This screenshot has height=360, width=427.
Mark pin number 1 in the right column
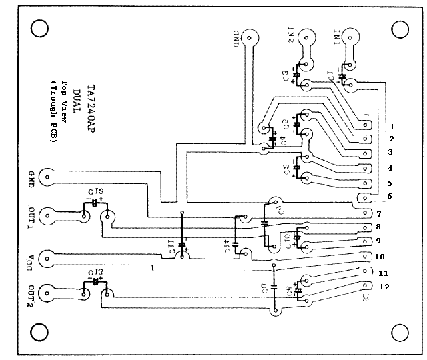tap(392, 125)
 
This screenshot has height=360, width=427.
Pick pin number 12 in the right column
tap(384, 287)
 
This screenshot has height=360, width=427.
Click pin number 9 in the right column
tap(378, 240)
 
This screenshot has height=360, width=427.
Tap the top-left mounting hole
tap(39, 28)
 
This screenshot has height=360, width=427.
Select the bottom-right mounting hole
tap(400, 333)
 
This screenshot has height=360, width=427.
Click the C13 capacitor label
tap(95, 273)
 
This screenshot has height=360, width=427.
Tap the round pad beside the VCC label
tap(47, 257)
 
